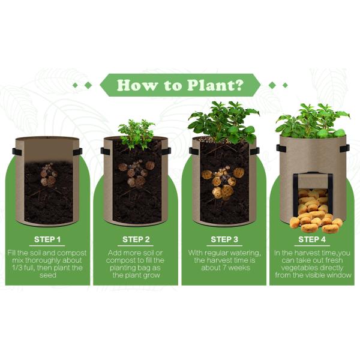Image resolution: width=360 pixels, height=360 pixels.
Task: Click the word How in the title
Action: point(133,85)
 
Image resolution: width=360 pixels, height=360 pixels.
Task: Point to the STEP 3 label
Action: point(224,239)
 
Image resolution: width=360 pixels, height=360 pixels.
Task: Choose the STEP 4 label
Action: point(312,239)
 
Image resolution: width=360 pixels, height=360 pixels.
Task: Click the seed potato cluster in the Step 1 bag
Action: point(48,175)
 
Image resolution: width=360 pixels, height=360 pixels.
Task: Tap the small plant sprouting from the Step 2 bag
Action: point(137,133)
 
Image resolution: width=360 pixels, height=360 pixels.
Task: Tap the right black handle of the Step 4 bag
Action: point(344,148)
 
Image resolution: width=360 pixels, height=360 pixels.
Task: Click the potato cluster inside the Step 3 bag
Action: point(223,182)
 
